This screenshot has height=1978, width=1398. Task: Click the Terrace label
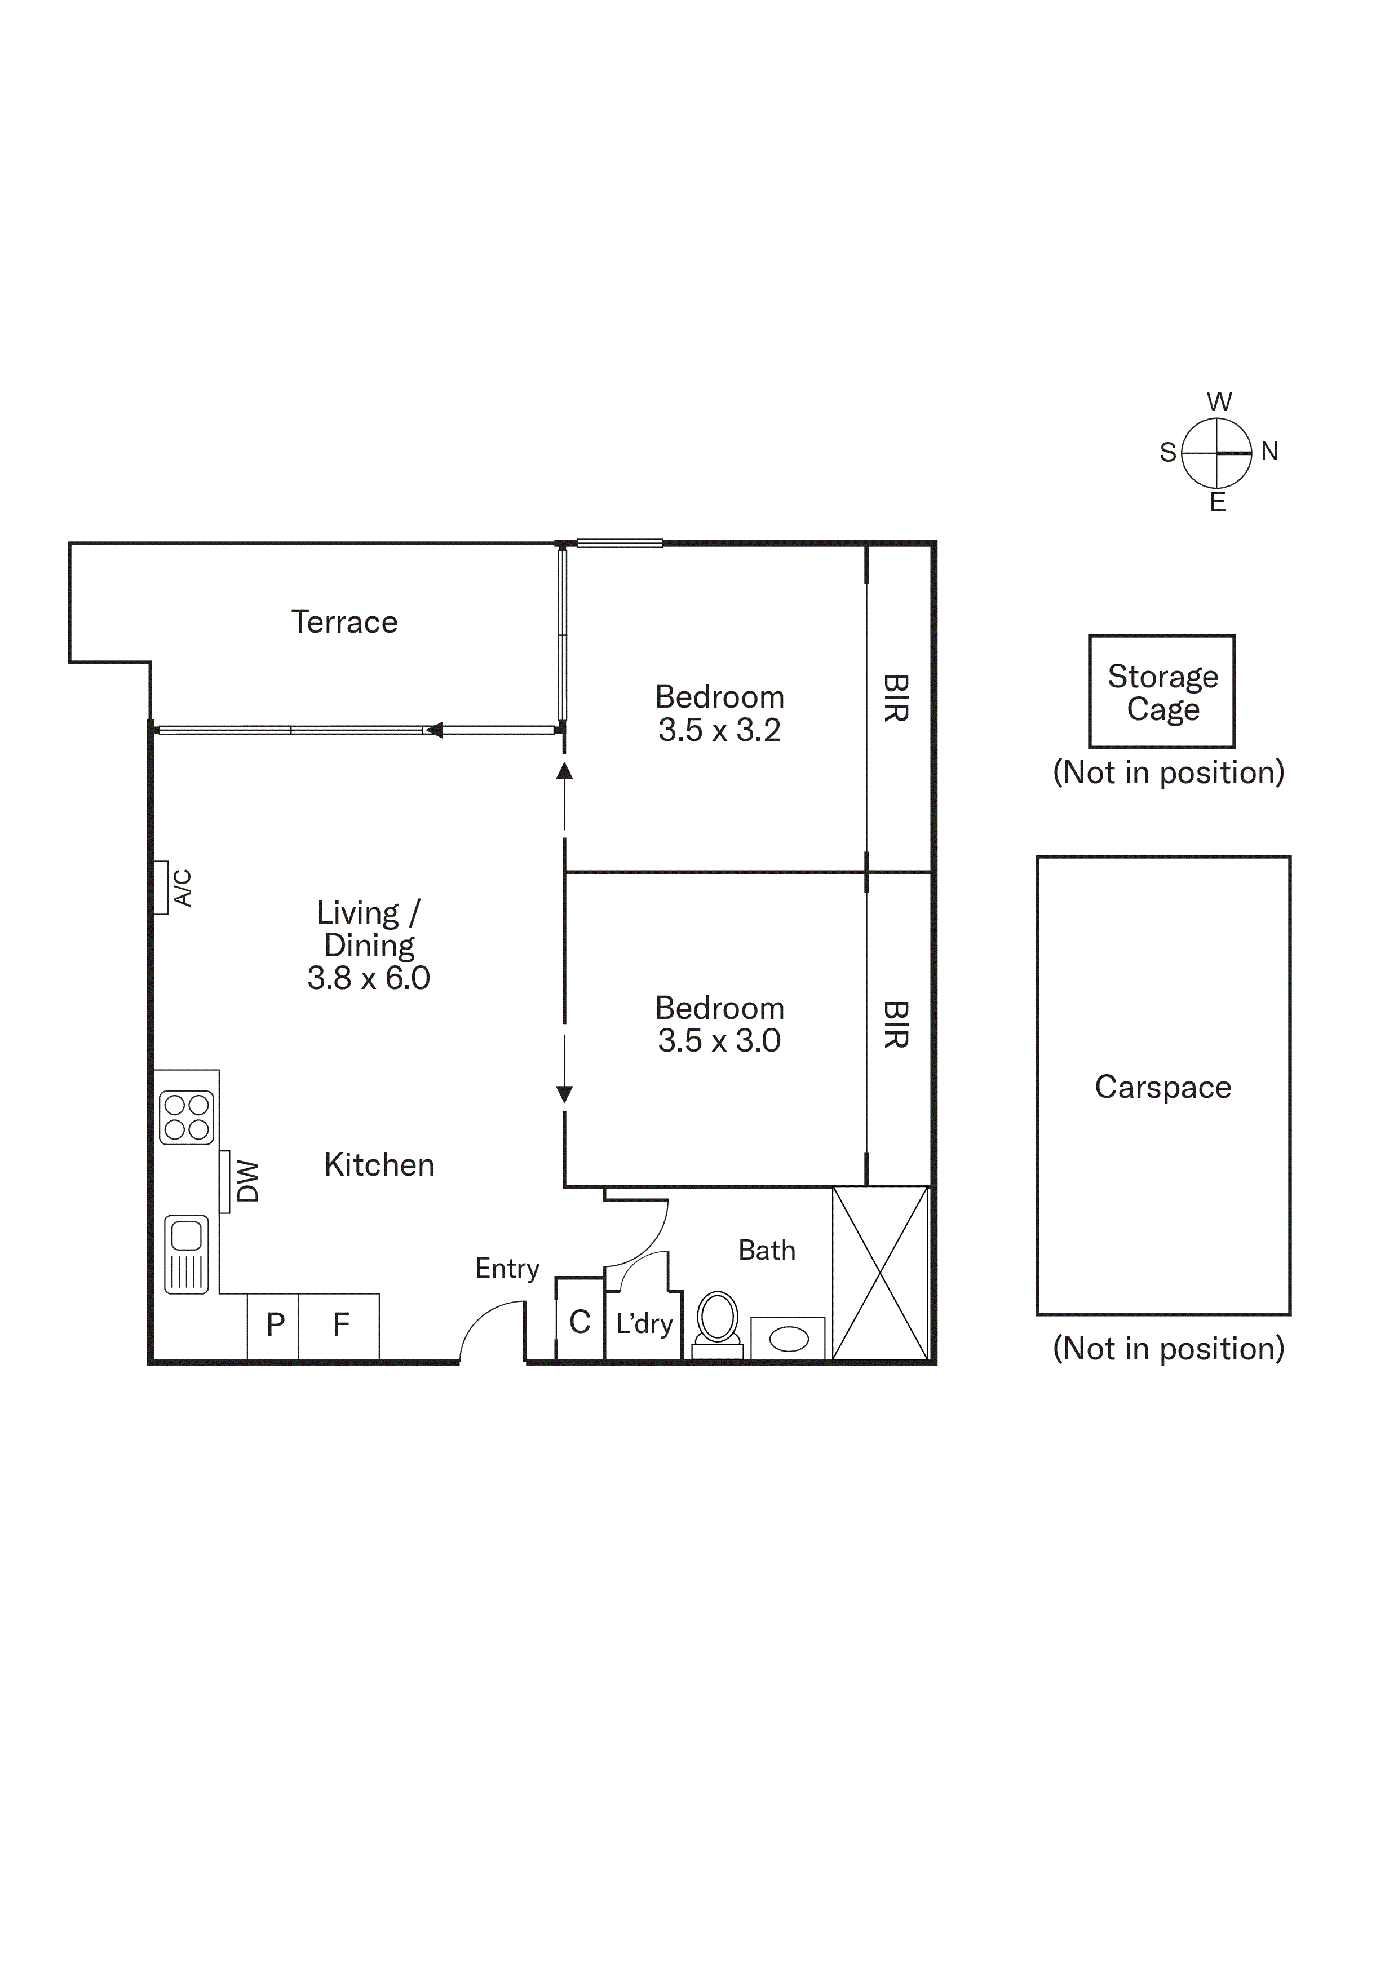click(344, 622)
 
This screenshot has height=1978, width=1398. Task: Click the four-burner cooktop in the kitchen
click(186, 1118)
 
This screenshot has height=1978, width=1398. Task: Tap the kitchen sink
click(186, 1255)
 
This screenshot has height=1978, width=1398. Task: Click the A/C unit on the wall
click(161, 888)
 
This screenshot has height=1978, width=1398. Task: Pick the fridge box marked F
click(340, 1326)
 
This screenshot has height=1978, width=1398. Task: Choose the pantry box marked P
click(274, 1326)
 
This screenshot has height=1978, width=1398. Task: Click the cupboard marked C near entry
click(579, 1322)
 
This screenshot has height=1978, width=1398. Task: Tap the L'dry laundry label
click(643, 1324)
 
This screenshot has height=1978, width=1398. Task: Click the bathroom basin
click(788, 1339)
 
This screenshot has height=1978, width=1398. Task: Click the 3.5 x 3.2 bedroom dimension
click(719, 731)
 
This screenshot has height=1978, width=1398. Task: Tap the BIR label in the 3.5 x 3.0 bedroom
click(896, 1025)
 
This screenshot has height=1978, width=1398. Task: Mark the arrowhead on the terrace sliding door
click(434, 731)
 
